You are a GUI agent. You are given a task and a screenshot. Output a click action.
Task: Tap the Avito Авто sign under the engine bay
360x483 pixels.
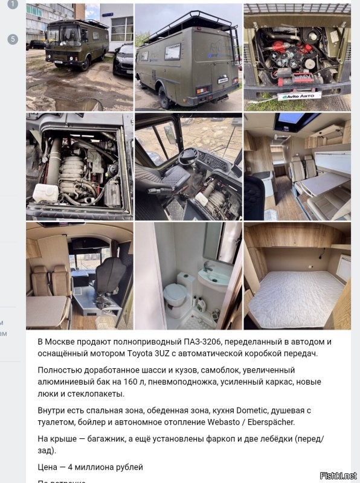click(x=299, y=95)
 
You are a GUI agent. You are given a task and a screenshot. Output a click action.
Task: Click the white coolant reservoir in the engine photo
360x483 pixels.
click(x=45, y=193)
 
